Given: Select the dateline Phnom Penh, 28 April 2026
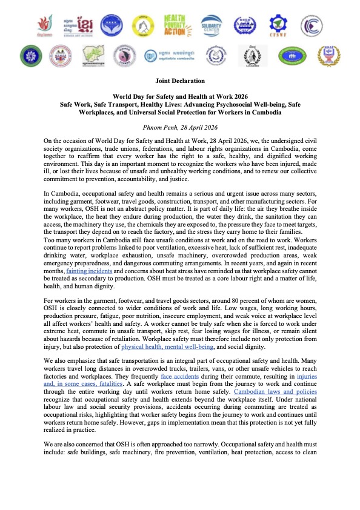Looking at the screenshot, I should [179, 127].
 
